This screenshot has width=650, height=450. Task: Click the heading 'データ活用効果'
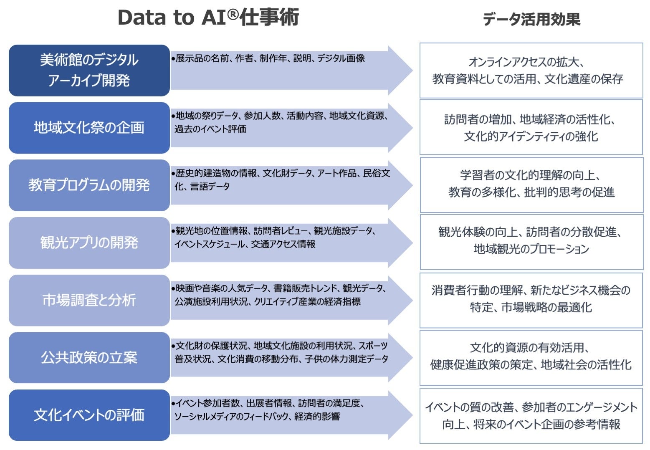click(531, 19)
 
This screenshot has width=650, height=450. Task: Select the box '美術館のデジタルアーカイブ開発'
click(89, 70)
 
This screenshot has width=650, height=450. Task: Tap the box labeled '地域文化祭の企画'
click(89, 127)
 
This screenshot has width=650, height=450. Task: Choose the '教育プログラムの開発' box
click(89, 185)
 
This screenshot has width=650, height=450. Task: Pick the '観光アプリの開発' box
click(89, 243)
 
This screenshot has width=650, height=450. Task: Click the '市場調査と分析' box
click(89, 300)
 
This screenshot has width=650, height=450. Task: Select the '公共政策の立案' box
click(89, 357)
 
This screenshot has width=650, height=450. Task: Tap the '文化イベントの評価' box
click(89, 415)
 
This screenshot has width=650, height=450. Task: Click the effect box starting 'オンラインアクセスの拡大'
click(531, 70)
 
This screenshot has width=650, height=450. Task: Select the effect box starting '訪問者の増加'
click(531, 127)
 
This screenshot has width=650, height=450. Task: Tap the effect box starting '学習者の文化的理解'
click(531, 185)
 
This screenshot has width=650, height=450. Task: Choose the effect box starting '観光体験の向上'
click(531, 242)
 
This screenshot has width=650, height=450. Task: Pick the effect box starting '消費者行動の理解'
click(531, 300)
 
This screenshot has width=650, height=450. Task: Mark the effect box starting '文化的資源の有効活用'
click(531, 357)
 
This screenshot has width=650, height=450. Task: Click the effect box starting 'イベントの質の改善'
click(531, 415)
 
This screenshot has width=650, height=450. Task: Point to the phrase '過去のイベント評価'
click(210, 129)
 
